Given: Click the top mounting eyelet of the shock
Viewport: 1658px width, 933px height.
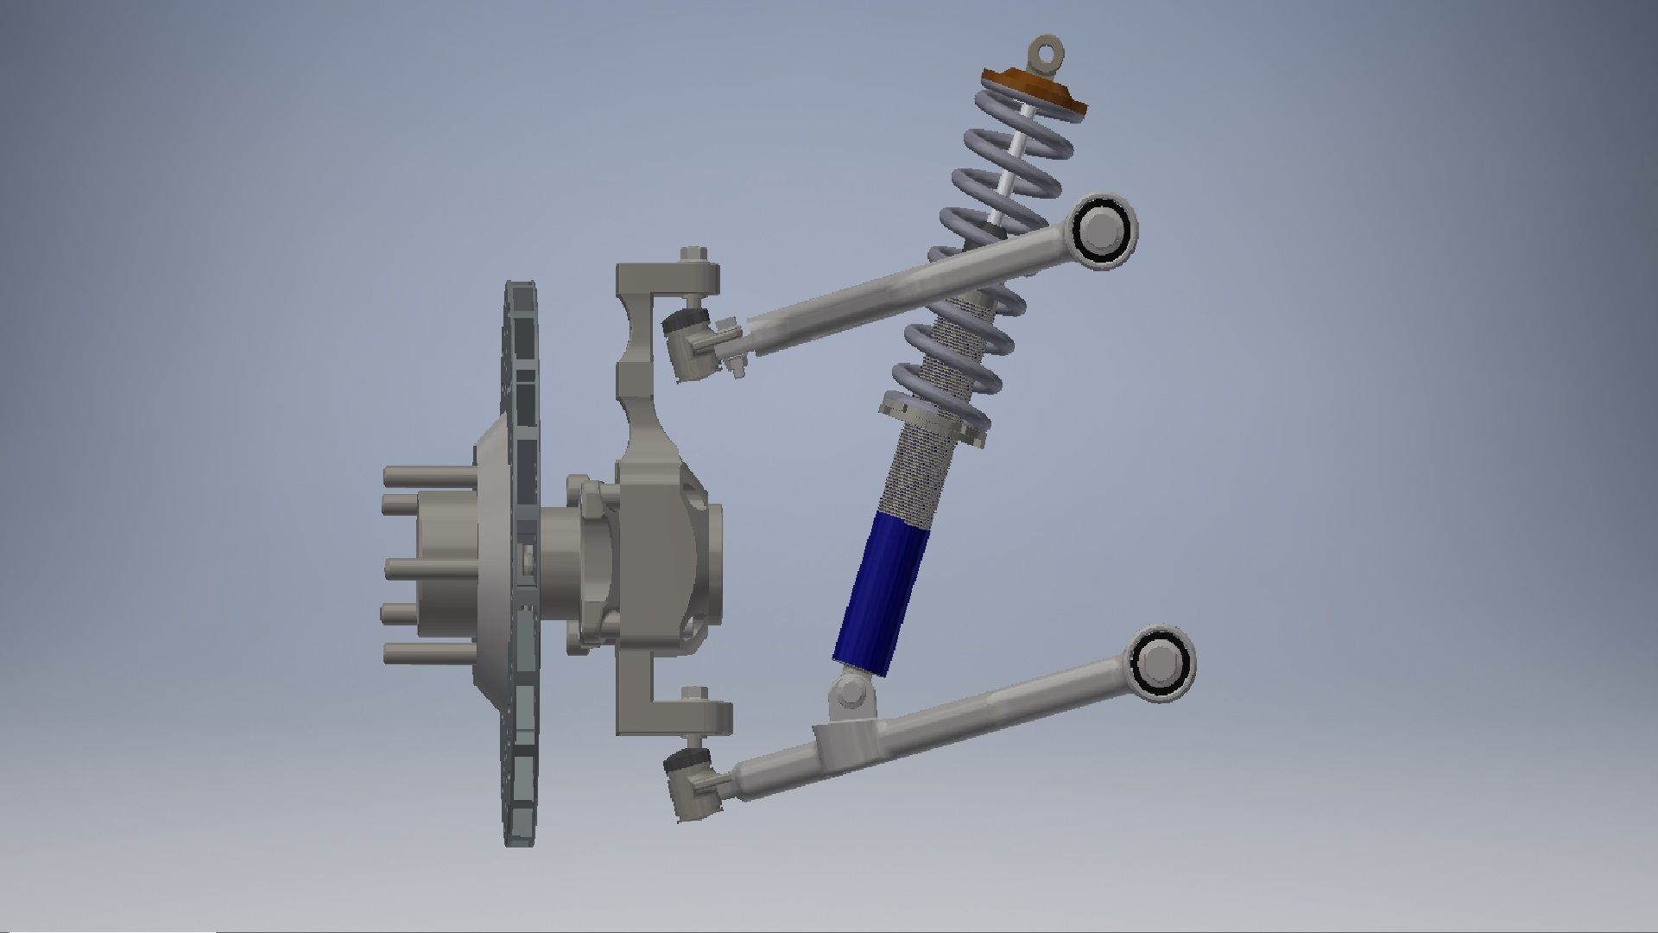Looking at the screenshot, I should click(1047, 51).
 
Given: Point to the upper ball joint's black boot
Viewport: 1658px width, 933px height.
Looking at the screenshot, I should click(684, 326).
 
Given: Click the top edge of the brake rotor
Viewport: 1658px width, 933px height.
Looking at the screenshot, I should click(521, 287).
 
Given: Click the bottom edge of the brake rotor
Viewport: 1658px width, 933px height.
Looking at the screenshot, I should click(521, 840).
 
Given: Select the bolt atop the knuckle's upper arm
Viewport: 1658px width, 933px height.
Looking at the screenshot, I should click(693, 256).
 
